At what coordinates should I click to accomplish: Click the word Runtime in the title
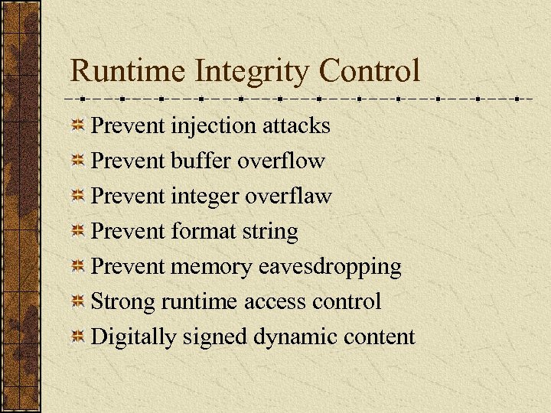(127, 72)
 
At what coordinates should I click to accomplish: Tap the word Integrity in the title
(252, 72)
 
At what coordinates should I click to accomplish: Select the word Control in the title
(370, 72)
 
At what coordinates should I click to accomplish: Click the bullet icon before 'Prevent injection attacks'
(78, 126)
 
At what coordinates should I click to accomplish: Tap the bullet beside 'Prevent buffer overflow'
(78, 161)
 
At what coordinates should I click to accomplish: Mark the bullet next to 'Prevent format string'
(78, 232)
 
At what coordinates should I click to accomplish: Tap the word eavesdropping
(341, 268)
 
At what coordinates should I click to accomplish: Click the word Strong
(123, 303)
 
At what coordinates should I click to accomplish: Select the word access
(275, 302)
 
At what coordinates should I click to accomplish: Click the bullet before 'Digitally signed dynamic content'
(78, 337)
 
